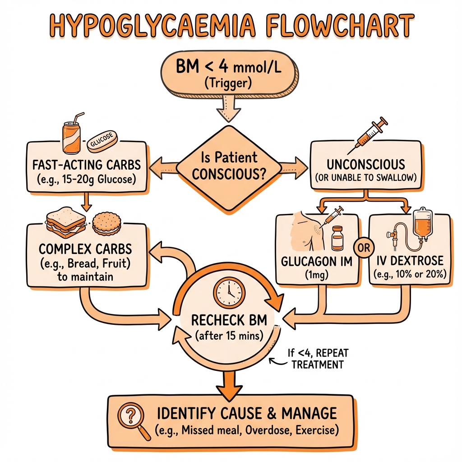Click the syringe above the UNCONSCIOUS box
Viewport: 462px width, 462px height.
click(367, 135)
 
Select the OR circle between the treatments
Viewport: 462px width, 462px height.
click(364, 248)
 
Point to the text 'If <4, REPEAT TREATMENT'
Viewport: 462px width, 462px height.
click(317, 359)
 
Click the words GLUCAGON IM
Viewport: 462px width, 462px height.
click(317, 261)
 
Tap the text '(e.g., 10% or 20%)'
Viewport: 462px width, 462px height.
click(410, 274)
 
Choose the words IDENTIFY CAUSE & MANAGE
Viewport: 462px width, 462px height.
click(247, 413)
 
